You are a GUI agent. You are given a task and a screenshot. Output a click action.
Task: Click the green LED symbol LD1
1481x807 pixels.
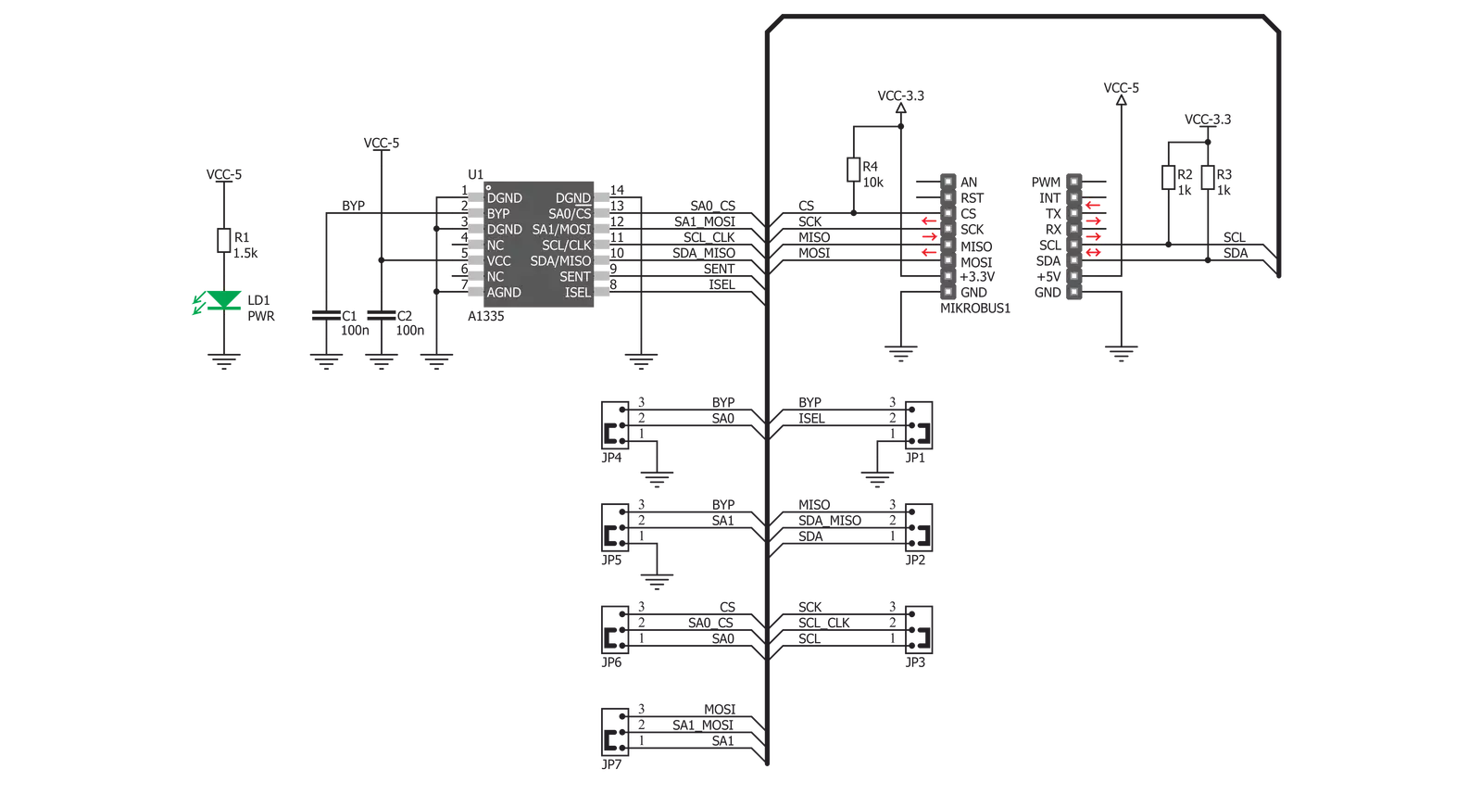[x=223, y=301]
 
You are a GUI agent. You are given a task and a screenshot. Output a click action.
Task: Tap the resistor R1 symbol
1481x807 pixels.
[x=224, y=241]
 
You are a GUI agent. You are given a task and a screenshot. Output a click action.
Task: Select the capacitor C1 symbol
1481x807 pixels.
[x=326, y=316]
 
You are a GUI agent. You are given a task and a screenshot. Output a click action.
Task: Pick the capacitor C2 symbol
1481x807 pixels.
[x=382, y=316]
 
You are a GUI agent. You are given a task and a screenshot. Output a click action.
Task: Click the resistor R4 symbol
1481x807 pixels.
[x=854, y=170]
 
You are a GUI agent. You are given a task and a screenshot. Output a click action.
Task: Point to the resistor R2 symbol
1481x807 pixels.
[x=1168, y=177]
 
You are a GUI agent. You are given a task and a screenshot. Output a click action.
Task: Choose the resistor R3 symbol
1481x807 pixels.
[x=1208, y=177]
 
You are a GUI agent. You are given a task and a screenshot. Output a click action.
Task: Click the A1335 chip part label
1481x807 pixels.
[x=486, y=316]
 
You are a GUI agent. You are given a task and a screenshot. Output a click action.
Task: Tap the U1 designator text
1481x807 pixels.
[x=475, y=174]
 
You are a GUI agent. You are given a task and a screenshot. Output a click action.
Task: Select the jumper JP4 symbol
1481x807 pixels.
[x=615, y=424]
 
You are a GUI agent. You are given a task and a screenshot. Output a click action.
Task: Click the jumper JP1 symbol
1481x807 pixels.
[x=919, y=424]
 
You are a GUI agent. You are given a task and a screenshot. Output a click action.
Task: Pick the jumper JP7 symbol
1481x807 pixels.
[x=615, y=732]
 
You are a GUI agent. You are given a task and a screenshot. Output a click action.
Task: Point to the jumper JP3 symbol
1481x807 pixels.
[x=919, y=630]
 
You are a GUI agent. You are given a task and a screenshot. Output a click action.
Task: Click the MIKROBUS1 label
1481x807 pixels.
[x=975, y=309]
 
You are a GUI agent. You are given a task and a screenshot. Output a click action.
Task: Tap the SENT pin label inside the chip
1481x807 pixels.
[x=575, y=276]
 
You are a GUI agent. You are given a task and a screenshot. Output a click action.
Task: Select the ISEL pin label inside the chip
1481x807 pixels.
[x=578, y=293]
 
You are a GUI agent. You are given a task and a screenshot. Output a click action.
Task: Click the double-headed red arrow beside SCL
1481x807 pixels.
[x=1093, y=253]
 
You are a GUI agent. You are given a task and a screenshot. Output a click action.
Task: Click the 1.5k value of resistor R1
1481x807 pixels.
[x=245, y=253]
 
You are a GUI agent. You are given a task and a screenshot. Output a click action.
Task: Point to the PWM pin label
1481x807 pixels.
[x=1046, y=182]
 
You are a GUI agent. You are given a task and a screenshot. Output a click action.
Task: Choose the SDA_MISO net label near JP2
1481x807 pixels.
[x=830, y=521]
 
